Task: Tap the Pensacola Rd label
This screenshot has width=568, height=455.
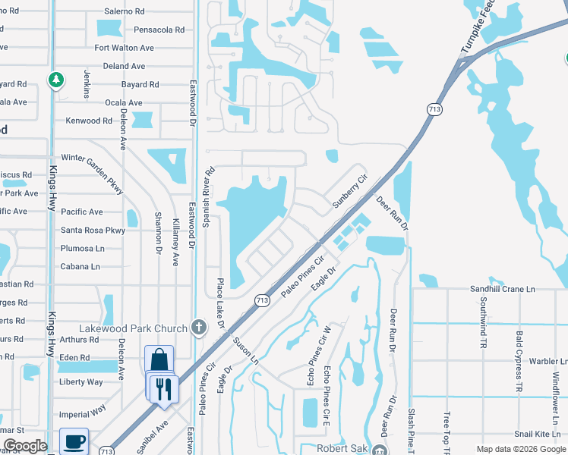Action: coord(159,30)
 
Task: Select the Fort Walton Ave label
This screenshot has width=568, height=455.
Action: coord(124,48)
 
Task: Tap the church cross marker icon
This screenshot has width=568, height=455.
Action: coord(198,328)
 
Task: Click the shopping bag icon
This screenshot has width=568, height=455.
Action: coord(159,359)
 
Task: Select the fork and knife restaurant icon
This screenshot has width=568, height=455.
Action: coord(163,389)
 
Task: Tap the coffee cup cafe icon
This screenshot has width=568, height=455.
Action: coord(74,441)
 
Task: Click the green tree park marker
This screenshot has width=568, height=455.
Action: coord(55,79)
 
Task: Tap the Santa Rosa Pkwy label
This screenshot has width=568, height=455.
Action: coord(93,231)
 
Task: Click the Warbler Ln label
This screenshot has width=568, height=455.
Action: coord(549,362)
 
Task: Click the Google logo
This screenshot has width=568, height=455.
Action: coord(25,446)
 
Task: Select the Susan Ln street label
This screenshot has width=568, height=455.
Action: coord(245,351)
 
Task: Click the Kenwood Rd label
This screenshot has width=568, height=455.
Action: coord(89,121)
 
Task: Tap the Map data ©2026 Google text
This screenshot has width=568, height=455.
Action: coord(520,449)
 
